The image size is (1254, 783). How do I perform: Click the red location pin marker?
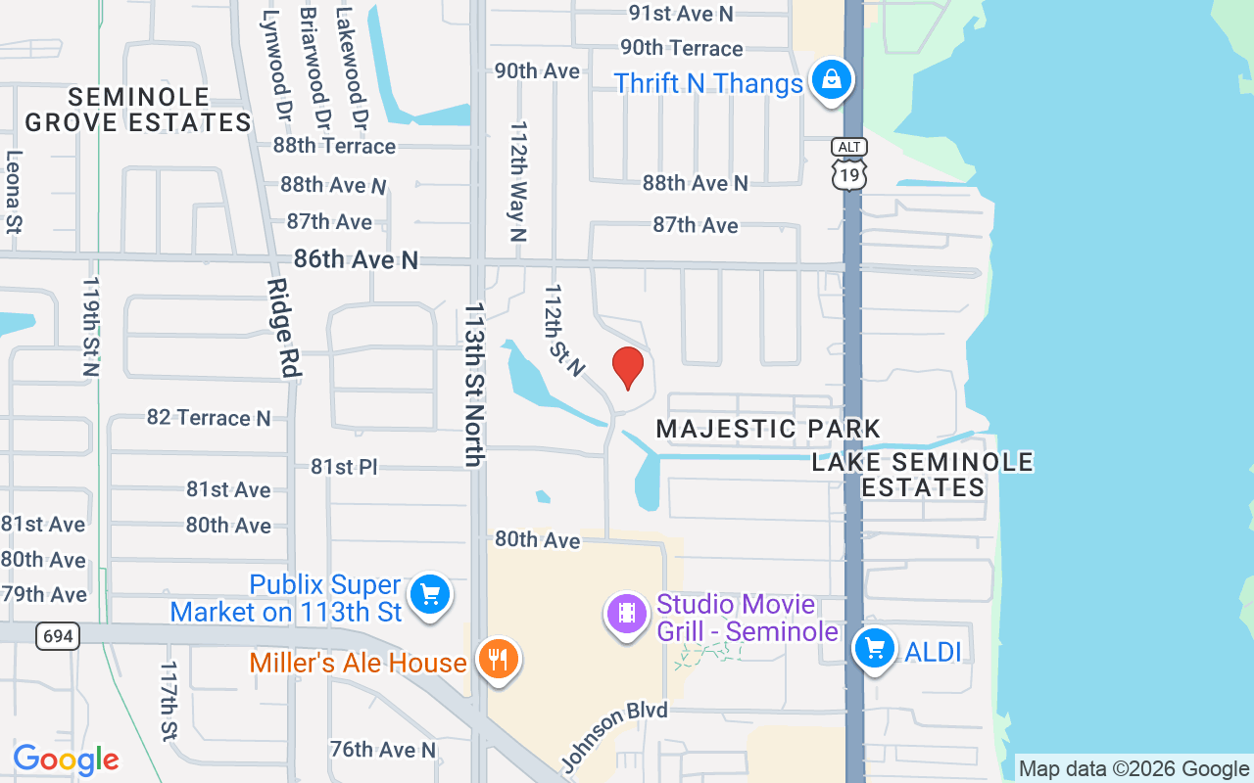coord(627,367)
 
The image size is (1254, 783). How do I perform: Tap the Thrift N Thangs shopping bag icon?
coord(831,79)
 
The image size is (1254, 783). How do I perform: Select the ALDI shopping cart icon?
coord(874,648)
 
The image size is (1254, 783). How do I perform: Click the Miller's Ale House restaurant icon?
coord(498,660)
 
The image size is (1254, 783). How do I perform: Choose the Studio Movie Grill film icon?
coord(627,614)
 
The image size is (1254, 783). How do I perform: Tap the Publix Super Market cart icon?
coord(429,594)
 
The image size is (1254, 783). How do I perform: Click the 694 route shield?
coord(58,636)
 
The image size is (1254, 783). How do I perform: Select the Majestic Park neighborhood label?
coord(768,429)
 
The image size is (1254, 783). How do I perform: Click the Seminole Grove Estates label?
coord(138,110)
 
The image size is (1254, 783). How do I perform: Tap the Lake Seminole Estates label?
coord(922,475)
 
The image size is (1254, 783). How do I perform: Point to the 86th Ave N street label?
coord(356,259)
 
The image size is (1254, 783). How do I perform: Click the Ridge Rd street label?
coord(283,328)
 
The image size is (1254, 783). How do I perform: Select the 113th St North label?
coord(475,384)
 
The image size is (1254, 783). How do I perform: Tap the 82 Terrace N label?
coord(208,418)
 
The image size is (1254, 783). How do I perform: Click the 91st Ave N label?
coord(680,13)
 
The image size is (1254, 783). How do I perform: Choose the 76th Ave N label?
coord(382,750)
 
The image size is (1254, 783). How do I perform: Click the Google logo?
coord(66,760)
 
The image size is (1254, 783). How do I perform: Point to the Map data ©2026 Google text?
coord(1133,769)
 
